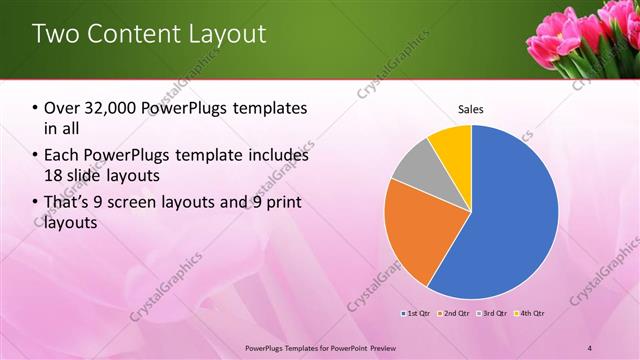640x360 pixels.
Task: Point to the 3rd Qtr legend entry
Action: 491,313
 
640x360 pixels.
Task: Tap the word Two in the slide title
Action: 57,34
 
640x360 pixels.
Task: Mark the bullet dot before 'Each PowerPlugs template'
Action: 36,156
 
